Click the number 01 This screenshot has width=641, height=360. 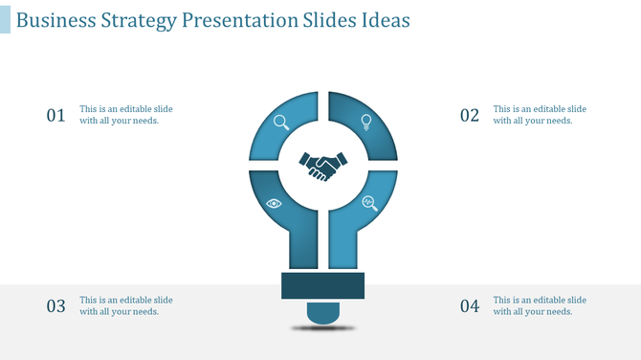[55, 116]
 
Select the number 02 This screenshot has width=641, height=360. [469, 116]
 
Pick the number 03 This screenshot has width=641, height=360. [55, 306]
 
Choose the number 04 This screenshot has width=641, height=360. [469, 306]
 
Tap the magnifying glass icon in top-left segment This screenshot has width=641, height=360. [281, 122]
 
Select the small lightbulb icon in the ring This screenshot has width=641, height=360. [365, 122]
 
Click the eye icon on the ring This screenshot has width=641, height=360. [275, 203]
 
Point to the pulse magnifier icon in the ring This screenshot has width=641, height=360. [369, 203]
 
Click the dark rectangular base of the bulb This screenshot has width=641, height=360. [322, 285]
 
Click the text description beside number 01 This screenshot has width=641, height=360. [126, 115]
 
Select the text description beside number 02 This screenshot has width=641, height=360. [540, 115]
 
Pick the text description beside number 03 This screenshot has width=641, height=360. [126, 305]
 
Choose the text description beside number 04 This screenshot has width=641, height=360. [540, 305]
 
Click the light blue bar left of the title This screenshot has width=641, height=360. [5, 19]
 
